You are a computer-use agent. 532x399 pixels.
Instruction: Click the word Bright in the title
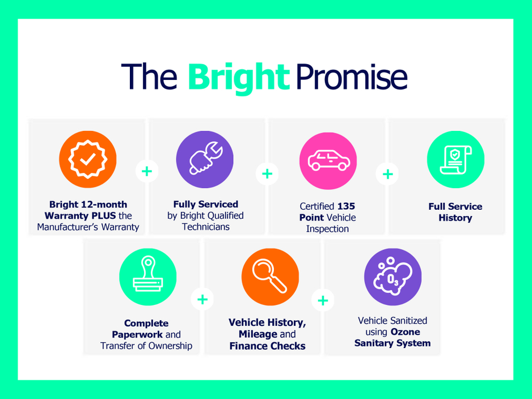(x=239, y=78)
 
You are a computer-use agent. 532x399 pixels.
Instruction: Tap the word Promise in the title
(x=352, y=77)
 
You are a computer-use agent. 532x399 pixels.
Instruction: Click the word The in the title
(x=149, y=77)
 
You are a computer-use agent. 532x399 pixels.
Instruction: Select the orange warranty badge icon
(x=88, y=159)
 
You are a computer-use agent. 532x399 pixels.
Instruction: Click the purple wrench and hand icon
(x=205, y=159)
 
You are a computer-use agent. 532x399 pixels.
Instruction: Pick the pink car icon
(x=328, y=161)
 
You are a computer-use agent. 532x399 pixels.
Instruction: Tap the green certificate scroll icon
(x=455, y=159)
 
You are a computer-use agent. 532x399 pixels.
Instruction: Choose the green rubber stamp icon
(x=148, y=277)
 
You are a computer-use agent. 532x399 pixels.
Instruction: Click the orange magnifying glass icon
(x=270, y=277)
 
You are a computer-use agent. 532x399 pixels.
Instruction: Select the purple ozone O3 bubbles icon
(x=393, y=277)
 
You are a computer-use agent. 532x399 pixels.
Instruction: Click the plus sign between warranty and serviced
(x=147, y=171)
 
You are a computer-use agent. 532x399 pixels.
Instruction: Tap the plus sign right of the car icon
(x=388, y=174)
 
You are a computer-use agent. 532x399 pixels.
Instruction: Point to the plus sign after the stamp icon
(x=202, y=299)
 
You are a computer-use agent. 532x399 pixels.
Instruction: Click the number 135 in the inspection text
(x=346, y=206)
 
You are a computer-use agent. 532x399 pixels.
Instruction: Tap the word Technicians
(x=206, y=227)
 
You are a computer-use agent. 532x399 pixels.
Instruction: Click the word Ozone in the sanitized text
(x=406, y=332)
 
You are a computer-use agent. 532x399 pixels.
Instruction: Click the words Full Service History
(x=455, y=212)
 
